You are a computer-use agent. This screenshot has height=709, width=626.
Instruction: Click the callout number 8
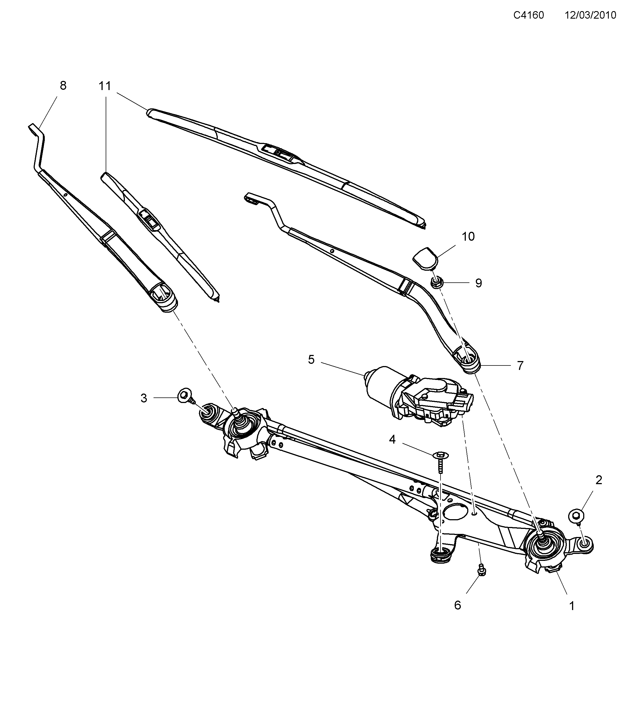pos(63,85)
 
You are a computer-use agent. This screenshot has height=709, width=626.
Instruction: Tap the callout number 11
pos(105,86)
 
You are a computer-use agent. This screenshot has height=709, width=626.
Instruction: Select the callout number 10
pos(468,237)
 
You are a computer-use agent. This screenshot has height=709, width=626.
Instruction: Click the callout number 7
pos(520,365)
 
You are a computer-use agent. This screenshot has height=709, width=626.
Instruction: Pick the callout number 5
pos(311,360)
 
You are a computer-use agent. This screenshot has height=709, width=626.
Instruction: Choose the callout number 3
pos(144,398)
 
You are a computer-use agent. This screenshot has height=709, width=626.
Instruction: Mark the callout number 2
pos(598,480)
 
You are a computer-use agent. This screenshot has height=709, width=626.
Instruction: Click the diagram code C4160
pos(528,15)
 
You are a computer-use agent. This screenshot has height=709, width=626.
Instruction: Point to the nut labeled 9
pos(436,282)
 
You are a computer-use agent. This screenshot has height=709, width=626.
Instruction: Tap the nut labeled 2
pos(576,516)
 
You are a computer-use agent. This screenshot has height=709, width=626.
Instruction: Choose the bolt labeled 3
pos(184,396)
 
